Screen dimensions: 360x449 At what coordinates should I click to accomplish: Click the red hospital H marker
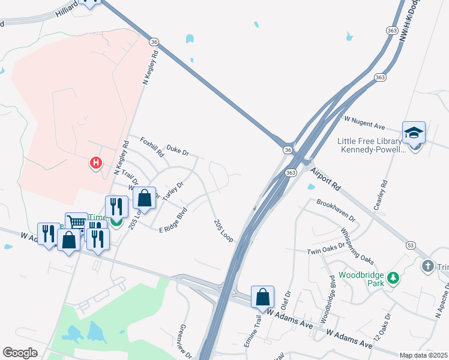(x=95, y=163)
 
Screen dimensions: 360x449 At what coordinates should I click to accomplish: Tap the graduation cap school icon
(x=414, y=133)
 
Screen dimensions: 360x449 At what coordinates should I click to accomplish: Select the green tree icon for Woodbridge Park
(x=393, y=278)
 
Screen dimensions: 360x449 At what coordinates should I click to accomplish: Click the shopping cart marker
(x=76, y=223)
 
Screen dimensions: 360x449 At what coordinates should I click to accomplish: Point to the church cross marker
(x=427, y=265)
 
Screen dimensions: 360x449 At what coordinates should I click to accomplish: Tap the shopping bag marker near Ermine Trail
(x=262, y=296)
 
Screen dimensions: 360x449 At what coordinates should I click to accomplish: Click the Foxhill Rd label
(x=152, y=147)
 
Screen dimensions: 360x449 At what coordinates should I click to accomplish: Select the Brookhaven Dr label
(x=336, y=211)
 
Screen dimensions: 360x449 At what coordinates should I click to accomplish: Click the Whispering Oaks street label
(x=357, y=245)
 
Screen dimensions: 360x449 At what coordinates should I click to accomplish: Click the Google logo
(x=20, y=353)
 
